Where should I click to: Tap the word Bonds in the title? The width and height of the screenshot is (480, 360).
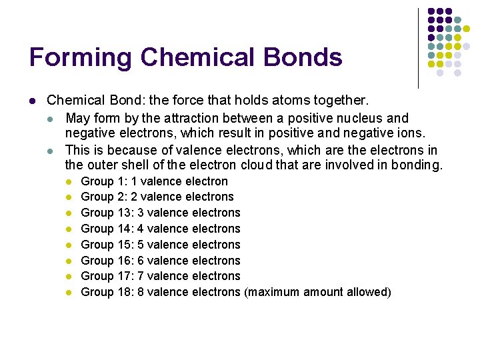[x=303, y=58]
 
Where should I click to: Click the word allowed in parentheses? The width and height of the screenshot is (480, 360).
[x=367, y=292]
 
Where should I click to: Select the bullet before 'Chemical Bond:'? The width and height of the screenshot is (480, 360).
[x=33, y=101]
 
